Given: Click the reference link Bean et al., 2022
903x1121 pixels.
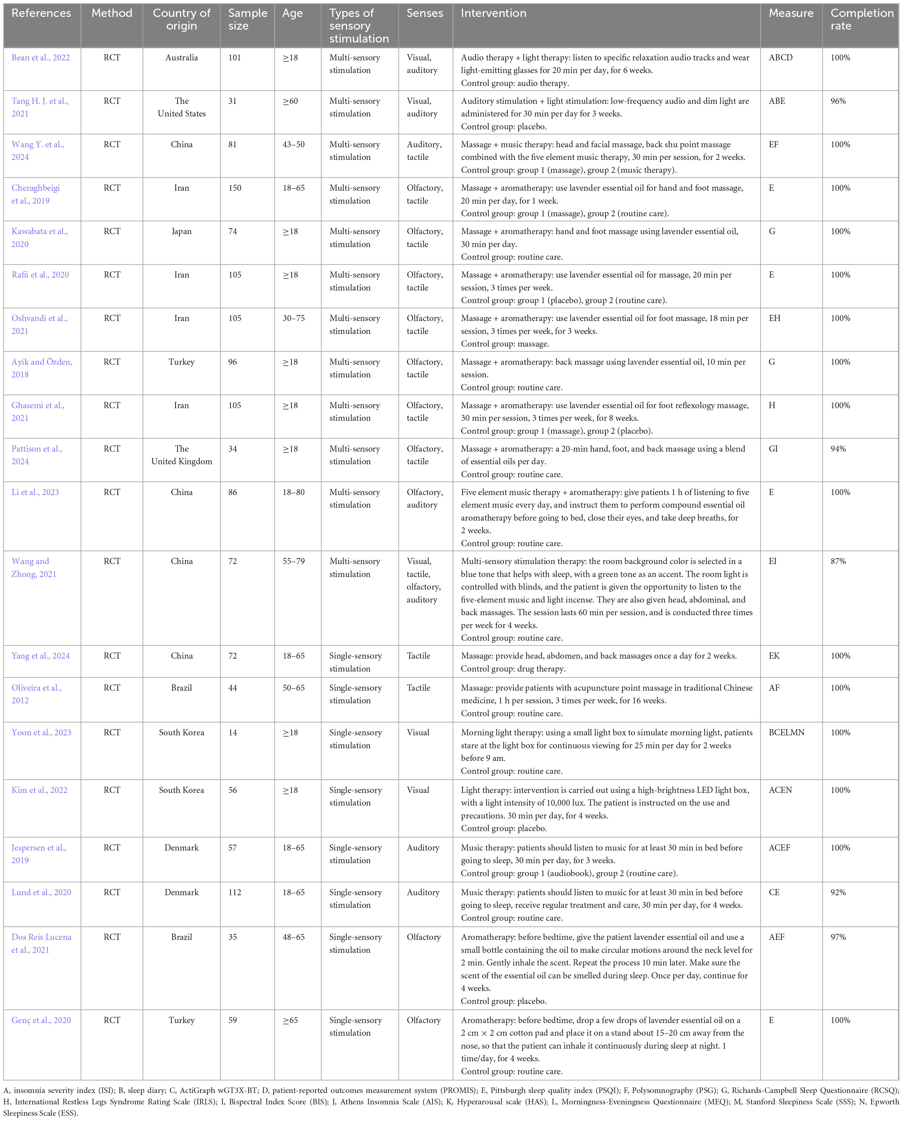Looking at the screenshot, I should (x=41, y=58).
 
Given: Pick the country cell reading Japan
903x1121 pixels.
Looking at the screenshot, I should (x=181, y=231).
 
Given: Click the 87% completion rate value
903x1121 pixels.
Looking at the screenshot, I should (x=838, y=561).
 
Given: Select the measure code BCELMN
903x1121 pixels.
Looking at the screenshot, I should (x=787, y=733).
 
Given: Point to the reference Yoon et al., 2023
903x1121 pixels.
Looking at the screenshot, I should (x=41, y=733).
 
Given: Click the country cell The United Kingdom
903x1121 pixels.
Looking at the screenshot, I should (x=181, y=455).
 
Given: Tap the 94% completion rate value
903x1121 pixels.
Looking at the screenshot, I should (x=838, y=449).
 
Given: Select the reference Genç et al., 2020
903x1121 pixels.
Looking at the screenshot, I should (x=41, y=1020).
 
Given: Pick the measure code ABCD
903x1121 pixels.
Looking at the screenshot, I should (x=780, y=58).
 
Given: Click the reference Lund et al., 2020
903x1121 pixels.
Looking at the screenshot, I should (x=41, y=892).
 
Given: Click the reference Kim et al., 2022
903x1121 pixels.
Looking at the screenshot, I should (x=39, y=790).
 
